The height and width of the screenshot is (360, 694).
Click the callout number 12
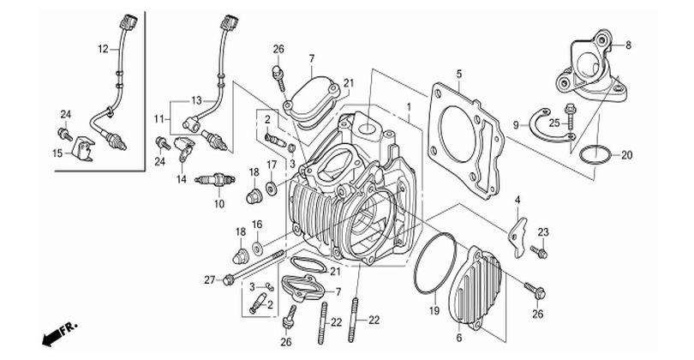[x=102, y=49]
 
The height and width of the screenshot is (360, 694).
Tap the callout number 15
[x=57, y=153]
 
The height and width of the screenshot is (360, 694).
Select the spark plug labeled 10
[x=214, y=181]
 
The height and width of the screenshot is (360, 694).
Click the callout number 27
[x=208, y=279]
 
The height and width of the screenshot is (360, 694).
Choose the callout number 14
[x=182, y=180]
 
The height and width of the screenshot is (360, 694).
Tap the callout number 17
[x=271, y=165]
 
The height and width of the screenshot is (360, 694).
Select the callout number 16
[x=256, y=225]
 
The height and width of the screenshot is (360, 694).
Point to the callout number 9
[x=517, y=125]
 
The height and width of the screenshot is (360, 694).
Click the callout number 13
[x=196, y=100]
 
